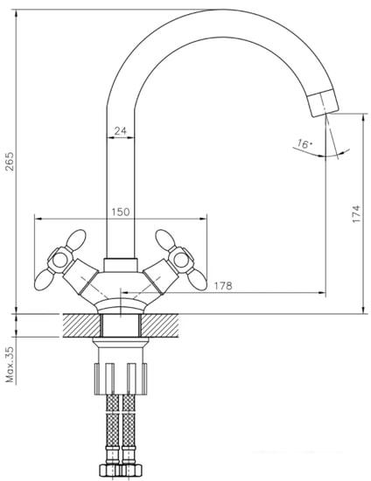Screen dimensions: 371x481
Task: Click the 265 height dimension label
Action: (x=10, y=162)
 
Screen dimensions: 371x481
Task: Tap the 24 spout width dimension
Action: (x=120, y=131)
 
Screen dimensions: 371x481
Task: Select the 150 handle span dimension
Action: (x=120, y=212)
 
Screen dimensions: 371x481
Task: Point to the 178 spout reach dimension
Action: (x=223, y=286)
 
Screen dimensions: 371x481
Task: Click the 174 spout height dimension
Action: (x=356, y=213)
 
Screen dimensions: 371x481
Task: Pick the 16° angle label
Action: (x=304, y=143)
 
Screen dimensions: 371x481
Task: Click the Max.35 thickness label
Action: (x=10, y=365)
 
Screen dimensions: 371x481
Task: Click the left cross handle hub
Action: (x=59, y=260)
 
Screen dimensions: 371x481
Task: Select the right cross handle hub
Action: (x=181, y=260)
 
